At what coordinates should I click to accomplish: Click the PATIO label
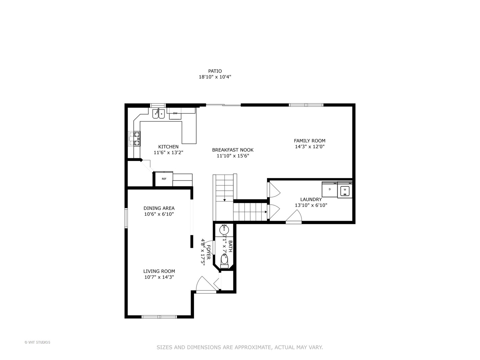[215, 71]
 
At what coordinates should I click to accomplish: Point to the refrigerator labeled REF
[164, 179]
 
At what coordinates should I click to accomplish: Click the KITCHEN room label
[168, 147]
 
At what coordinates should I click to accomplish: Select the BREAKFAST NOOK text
[233, 150]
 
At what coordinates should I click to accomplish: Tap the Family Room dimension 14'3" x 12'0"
[309, 146]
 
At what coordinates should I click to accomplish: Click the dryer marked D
[330, 189]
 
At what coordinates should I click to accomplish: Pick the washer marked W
[345, 190]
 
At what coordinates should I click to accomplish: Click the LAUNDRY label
[311, 199]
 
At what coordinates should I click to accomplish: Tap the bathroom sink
[224, 229]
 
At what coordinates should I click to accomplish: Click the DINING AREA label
[159, 208]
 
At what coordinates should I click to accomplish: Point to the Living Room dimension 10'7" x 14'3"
[159, 277]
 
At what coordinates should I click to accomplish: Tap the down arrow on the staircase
[225, 200]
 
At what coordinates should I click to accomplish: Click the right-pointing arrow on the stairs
[265, 212]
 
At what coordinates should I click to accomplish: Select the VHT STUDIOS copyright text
[37, 342]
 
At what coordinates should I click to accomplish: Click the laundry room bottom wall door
[294, 218]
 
